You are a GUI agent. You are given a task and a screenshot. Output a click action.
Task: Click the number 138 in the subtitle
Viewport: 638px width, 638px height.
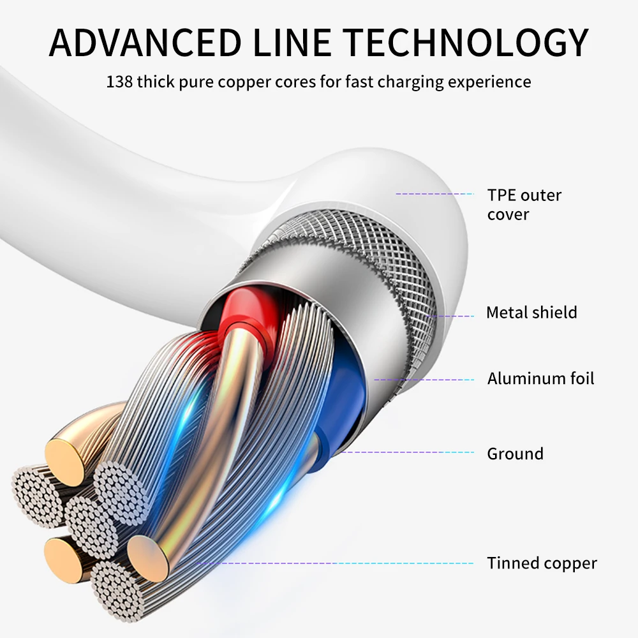[x=119, y=82]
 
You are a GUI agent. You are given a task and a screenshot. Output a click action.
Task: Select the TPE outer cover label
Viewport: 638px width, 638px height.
[x=524, y=204]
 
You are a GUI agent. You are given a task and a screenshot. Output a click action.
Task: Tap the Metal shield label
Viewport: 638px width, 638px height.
[x=531, y=313]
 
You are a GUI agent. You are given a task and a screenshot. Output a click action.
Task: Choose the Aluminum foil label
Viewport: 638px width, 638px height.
[x=540, y=378]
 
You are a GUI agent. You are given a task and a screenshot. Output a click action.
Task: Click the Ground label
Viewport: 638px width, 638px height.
[x=515, y=454]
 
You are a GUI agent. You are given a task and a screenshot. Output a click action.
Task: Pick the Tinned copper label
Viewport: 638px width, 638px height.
[x=542, y=563]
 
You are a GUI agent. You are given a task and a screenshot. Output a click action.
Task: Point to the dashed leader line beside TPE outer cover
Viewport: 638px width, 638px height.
[x=434, y=193]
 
